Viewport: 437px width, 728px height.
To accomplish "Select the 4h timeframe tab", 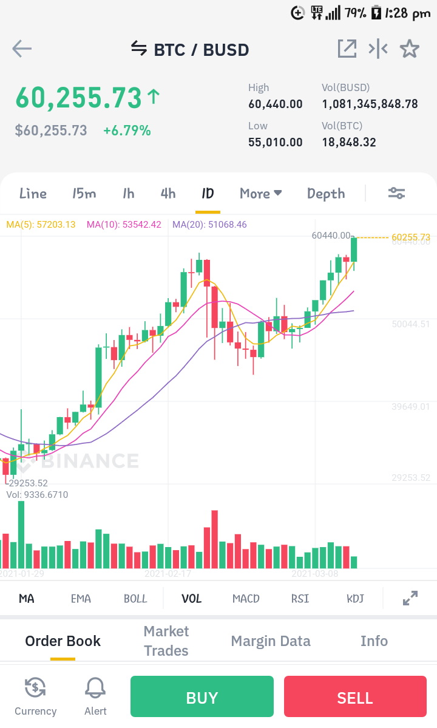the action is pyautogui.click(x=168, y=193).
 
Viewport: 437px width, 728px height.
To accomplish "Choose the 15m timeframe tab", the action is pyautogui.click(x=84, y=193).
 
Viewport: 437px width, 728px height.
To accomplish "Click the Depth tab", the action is pyautogui.click(x=326, y=194).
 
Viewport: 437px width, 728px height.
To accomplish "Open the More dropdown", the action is pyautogui.click(x=261, y=193).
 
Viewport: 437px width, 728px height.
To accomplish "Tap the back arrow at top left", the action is pyautogui.click(x=22, y=49).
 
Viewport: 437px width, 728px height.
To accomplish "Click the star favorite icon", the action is pyautogui.click(x=410, y=49).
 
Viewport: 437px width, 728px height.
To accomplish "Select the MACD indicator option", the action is pyautogui.click(x=246, y=599).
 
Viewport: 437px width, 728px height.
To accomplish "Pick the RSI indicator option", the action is pyautogui.click(x=300, y=599).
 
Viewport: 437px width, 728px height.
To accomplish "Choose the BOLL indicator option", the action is pyautogui.click(x=135, y=599).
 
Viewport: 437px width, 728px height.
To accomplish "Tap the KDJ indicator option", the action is pyautogui.click(x=355, y=599).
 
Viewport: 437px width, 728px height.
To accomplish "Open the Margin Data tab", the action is pyautogui.click(x=271, y=641).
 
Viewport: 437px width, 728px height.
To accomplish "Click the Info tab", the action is pyautogui.click(x=374, y=641).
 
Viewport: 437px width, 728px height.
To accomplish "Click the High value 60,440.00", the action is pyautogui.click(x=275, y=104).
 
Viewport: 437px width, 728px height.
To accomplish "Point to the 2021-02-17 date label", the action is pyautogui.click(x=168, y=574).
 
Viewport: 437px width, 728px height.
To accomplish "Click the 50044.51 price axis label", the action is pyautogui.click(x=410, y=324).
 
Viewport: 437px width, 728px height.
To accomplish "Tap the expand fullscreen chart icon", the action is pyautogui.click(x=410, y=598).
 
